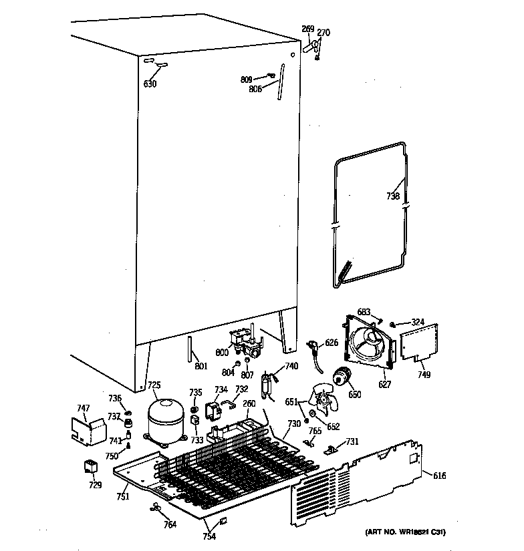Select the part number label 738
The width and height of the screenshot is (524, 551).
click(393, 196)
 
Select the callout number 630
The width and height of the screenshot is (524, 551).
click(150, 84)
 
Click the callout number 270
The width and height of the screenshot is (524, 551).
click(323, 33)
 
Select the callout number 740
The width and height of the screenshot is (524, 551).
click(291, 366)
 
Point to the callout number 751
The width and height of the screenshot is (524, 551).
click(122, 496)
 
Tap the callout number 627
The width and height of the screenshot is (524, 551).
click(385, 384)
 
